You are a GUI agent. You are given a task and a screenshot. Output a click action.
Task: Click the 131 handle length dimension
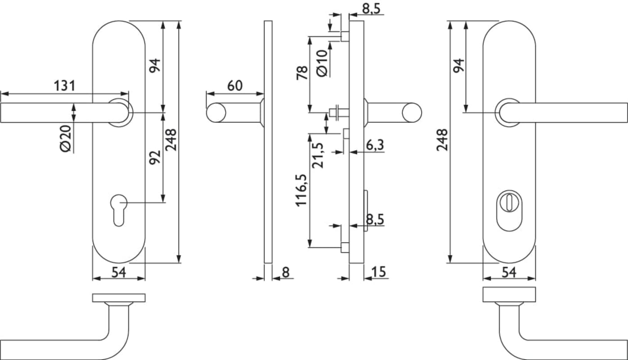pos(64,85)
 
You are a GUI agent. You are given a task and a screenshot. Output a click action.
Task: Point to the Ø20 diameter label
pos(66,139)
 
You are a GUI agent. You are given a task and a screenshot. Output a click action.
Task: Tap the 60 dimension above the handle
pos(235,85)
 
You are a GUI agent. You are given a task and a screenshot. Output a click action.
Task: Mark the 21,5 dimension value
pos(318,155)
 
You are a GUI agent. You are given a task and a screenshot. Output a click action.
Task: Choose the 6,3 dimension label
pos(375,145)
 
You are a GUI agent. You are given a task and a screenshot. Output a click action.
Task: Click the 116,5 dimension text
pos(301,190)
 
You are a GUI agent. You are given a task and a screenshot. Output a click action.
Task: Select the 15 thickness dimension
pos(379,272)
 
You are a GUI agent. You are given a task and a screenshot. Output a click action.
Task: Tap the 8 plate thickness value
pos(285,272)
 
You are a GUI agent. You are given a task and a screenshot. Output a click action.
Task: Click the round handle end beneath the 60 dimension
pos(216,112)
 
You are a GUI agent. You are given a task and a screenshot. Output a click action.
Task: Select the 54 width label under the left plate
pos(118,272)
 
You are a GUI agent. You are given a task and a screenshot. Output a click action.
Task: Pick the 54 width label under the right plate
pos(509,272)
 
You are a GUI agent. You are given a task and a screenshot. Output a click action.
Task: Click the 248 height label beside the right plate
pos(442,140)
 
